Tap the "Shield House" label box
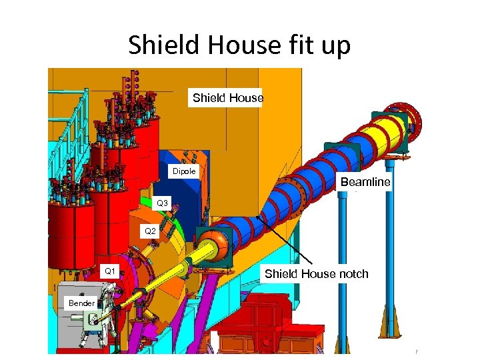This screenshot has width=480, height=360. pyautogui.click(x=228, y=98)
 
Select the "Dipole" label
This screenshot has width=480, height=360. pyautogui.click(x=185, y=171)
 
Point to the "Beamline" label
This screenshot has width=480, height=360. pyautogui.click(x=365, y=181)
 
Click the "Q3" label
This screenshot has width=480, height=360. pyautogui.click(x=163, y=203)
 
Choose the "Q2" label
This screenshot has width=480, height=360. pyautogui.click(x=150, y=231)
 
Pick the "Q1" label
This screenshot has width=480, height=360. pyautogui.click(x=111, y=271)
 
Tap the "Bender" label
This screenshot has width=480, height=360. pyautogui.click(x=82, y=303)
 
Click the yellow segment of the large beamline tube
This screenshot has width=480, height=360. pyautogui.click(x=387, y=136)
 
